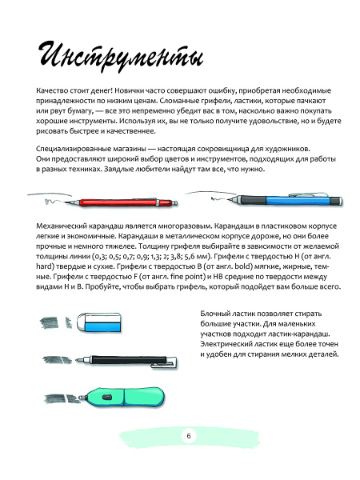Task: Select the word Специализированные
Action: coord(70,150)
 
